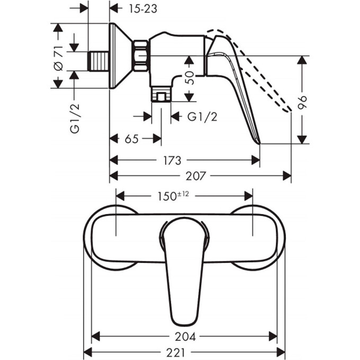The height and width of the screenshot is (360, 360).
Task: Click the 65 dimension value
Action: coord(132,139)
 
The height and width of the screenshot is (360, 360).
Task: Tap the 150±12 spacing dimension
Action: coord(174,196)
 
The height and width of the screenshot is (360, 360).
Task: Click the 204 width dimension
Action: coord(185,336)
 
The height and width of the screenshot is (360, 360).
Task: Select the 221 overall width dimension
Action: coord(185,352)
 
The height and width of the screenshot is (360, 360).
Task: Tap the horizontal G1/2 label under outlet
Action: coord(202,116)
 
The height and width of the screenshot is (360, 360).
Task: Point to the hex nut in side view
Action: coord(140,56)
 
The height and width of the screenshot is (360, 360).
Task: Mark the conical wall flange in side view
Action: coord(120,56)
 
